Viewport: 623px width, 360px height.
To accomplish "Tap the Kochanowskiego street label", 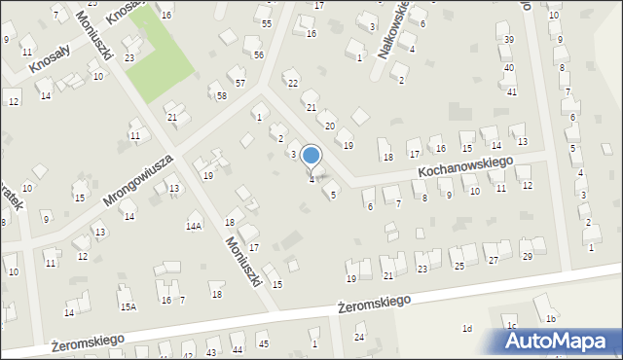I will pyautogui.click(x=465, y=166).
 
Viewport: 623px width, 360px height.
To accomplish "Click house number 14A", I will pyautogui.click(x=194, y=226).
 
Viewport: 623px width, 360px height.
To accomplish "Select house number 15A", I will pyautogui.click(x=128, y=306).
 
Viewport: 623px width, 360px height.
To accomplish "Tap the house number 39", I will pyautogui.click(x=509, y=39).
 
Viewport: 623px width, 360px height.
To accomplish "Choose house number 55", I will pyautogui.click(x=266, y=22).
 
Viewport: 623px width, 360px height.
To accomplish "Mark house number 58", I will pyautogui.click(x=222, y=95).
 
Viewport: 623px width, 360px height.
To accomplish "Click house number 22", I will pyautogui.click(x=291, y=83).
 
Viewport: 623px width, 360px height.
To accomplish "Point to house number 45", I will pyautogui.click(x=263, y=343).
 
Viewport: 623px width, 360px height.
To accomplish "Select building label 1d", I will pyautogui.click(x=467, y=329).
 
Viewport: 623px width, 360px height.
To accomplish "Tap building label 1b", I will pyautogui.click(x=551, y=319).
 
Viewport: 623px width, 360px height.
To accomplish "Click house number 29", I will pyautogui.click(x=527, y=257).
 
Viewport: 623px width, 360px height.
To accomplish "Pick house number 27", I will pyautogui.click(x=493, y=260).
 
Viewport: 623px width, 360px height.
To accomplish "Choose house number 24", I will pyautogui.click(x=358, y=337).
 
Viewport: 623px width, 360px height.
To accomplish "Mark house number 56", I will pyautogui.click(x=258, y=55).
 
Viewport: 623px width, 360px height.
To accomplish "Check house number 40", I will pyautogui.click(x=509, y=68).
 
